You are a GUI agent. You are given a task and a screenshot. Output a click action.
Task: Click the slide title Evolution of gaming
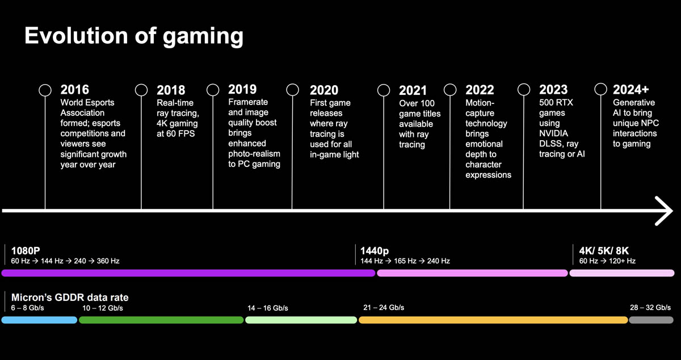pyautogui.click(x=134, y=36)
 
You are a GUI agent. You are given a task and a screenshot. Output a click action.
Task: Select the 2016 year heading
pyautogui.click(x=75, y=90)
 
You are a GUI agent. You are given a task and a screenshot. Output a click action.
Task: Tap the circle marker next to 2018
pyautogui.click(x=141, y=90)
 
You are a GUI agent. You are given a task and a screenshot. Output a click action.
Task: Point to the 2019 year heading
pyautogui.click(x=242, y=89)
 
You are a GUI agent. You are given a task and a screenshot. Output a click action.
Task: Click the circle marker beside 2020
pyautogui.click(x=292, y=90)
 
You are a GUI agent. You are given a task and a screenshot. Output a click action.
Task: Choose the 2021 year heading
pyautogui.click(x=413, y=90)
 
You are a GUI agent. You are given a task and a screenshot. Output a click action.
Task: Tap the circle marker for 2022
pyautogui.click(x=450, y=90)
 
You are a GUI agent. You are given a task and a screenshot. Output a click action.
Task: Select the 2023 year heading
pyautogui.click(x=553, y=90)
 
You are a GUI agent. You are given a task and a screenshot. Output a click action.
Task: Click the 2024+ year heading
pyautogui.click(x=630, y=89)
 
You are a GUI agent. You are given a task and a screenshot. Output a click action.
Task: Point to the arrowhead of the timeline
pyautogui.click(x=665, y=211)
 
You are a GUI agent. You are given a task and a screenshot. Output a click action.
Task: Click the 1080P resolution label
pyautogui.click(x=26, y=250)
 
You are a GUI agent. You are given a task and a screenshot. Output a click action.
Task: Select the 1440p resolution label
pyautogui.click(x=375, y=250)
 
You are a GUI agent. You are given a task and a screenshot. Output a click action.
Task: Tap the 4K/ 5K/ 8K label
pyautogui.click(x=604, y=250)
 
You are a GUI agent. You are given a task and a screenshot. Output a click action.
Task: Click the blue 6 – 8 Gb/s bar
pyautogui.click(x=39, y=320)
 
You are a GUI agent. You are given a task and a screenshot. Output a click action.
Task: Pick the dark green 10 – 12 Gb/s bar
pyautogui.click(x=161, y=320)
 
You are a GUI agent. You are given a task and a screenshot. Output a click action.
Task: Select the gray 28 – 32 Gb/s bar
pyautogui.click(x=651, y=320)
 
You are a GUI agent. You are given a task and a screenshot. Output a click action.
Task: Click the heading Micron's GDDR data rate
pyautogui.click(x=70, y=298)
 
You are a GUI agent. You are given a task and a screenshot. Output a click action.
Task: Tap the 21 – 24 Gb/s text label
pyautogui.click(x=384, y=308)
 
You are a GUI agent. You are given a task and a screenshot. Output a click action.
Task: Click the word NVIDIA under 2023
pyautogui.click(x=553, y=133)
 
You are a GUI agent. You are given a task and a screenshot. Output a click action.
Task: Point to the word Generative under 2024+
pyautogui.click(x=633, y=103)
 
